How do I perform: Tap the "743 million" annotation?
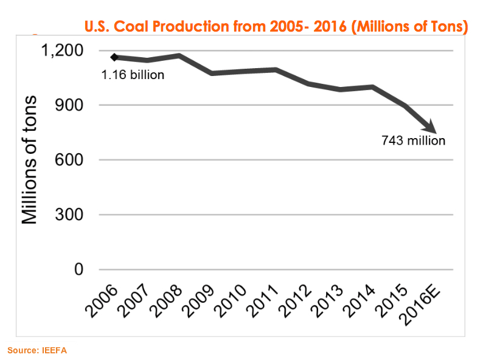[x=413, y=140]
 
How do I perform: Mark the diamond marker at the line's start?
[x=113, y=57]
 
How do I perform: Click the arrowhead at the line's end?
[x=434, y=130]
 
